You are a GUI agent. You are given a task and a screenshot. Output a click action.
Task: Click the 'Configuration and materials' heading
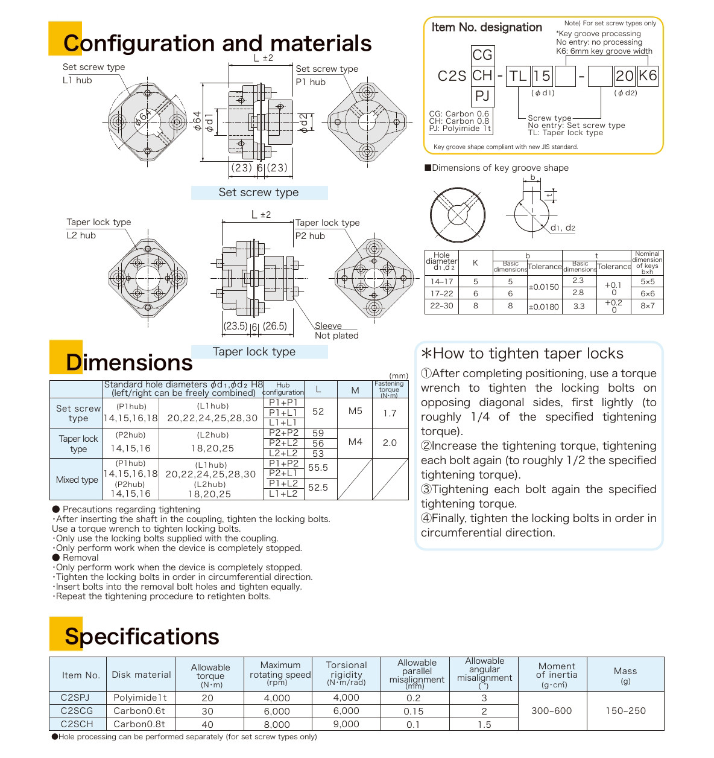(217, 43)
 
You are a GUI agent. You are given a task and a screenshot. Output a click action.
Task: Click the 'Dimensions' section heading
(129, 362)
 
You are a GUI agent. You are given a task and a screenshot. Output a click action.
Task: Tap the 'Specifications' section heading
(142, 636)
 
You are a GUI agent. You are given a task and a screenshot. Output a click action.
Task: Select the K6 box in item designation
(648, 75)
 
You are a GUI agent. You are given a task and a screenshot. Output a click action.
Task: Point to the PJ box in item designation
(482, 95)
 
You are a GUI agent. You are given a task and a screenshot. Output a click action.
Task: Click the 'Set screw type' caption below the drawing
(259, 193)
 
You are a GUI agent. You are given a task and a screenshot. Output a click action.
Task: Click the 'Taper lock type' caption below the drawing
(254, 352)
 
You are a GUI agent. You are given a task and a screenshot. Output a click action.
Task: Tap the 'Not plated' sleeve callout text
(336, 336)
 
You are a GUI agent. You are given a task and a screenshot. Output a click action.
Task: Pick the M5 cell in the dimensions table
(355, 411)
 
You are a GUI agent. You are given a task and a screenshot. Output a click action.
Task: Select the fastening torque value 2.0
(390, 442)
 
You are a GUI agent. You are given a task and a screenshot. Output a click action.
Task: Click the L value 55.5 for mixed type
(318, 467)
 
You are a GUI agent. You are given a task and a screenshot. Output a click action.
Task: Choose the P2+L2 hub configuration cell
(283, 443)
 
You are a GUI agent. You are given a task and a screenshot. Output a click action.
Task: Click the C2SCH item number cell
(77, 724)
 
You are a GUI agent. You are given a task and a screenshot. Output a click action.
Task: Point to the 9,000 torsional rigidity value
(346, 724)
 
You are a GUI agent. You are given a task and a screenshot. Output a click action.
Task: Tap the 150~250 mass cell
(625, 711)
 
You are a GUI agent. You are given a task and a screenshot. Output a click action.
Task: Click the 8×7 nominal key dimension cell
(647, 306)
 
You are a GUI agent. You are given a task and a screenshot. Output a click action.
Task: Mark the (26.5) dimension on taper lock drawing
(274, 326)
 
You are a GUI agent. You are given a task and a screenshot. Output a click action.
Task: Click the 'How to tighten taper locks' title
(522, 354)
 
